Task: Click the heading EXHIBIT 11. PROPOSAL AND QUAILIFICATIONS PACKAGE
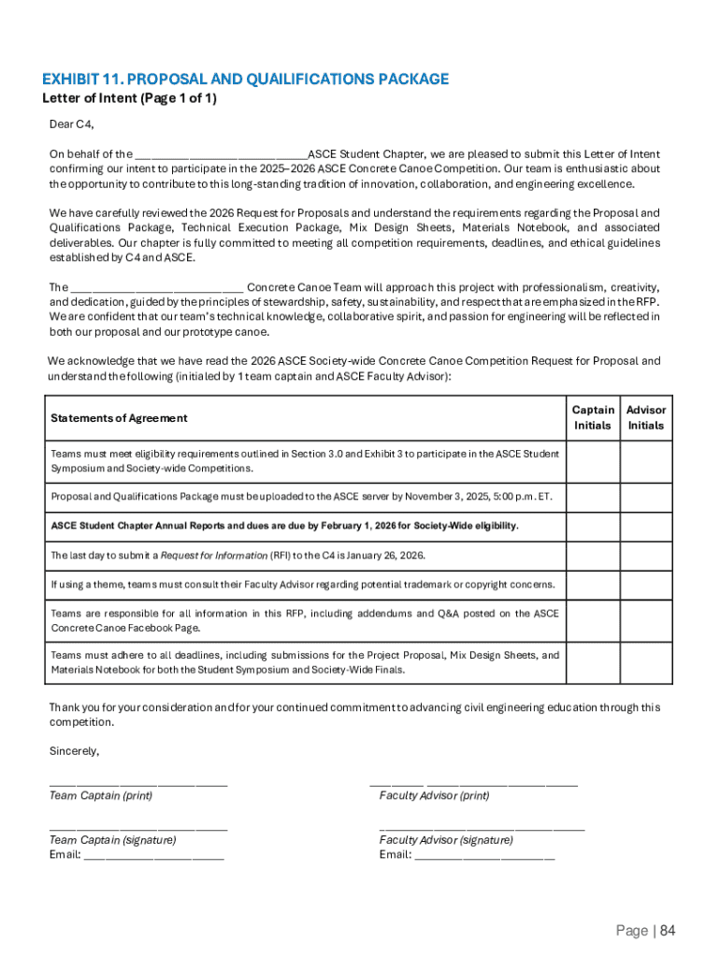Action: point(245,80)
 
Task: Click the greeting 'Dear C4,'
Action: point(72,124)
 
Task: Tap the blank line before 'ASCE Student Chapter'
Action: point(222,154)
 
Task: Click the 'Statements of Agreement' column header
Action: point(119,418)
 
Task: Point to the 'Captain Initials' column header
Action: point(593,417)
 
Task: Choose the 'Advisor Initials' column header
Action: point(646,417)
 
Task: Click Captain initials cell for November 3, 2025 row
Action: point(593,497)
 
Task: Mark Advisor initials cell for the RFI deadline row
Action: point(646,555)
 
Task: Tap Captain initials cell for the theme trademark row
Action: point(593,585)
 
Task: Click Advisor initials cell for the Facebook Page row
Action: point(646,620)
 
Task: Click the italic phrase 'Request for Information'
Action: point(214,556)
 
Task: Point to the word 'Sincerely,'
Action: point(74,751)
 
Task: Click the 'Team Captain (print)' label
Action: point(101,796)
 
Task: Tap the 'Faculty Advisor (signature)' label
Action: point(446,840)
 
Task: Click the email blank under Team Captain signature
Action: point(153,855)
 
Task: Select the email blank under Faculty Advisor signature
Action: point(484,855)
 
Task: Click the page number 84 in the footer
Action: point(667,930)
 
